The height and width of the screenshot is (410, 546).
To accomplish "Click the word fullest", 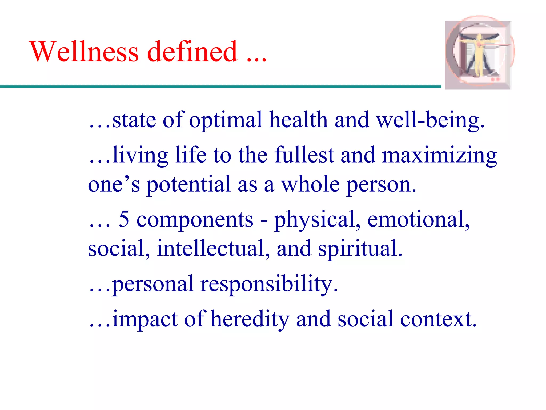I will tap(304, 155).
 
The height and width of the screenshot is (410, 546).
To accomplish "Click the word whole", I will tap(311, 184).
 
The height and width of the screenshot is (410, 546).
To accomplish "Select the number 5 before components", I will tap(124, 219).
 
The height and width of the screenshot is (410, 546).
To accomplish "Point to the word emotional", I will tap(418, 219).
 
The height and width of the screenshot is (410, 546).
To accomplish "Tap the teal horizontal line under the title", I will tap(213, 86).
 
